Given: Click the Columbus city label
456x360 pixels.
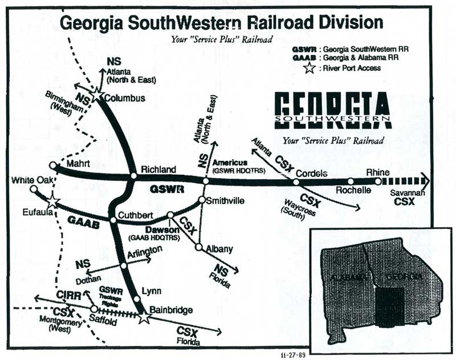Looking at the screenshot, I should click(124, 98).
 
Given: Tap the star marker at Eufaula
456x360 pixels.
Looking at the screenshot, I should click(52, 201).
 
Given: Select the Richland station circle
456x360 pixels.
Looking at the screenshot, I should click(133, 176).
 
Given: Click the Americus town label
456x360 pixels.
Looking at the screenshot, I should click(229, 163).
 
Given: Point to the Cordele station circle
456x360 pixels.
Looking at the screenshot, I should click(296, 182).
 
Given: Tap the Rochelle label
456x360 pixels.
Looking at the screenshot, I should click(354, 191).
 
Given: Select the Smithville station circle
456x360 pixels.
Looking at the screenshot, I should click(201, 200).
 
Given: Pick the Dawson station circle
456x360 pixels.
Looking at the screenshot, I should click(170, 215).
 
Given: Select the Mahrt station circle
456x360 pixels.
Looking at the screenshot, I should click(53, 166).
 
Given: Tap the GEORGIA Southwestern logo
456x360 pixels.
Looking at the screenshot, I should click(332, 112).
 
